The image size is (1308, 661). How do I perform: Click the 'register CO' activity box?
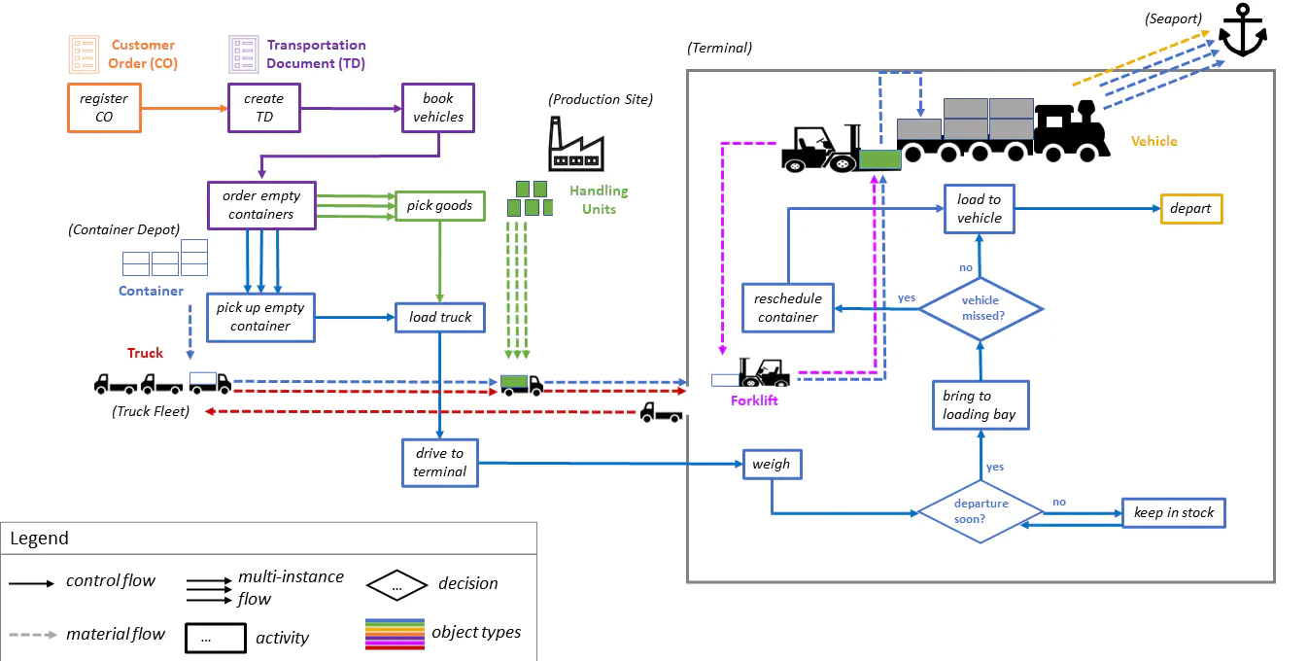pyautogui.click(x=104, y=107)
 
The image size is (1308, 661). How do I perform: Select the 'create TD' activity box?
pyautogui.click(x=263, y=107)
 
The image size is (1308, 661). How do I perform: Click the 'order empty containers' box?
pyautogui.click(x=260, y=205)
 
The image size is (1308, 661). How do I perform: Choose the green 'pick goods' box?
pyautogui.click(x=439, y=205)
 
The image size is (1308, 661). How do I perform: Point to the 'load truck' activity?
pyautogui.click(x=439, y=317)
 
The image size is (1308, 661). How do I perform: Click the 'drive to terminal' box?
pyautogui.click(x=439, y=463)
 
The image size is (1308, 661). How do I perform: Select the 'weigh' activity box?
pyautogui.click(x=771, y=465)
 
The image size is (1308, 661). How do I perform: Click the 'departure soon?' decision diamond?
pyautogui.click(x=981, y=511)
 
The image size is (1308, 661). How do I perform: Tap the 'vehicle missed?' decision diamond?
pyautogui.click(x=981, y=308)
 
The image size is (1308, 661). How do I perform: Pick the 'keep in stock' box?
pyautogui.click(x=1173, y=512)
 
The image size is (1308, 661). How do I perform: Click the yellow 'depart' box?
pyautogui.click(x=1190, y=209)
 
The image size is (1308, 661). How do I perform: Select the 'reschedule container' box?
pyautogui.click(x=787, y=308)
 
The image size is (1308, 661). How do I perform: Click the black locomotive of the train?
pyautogui.click(x=1071, y=131)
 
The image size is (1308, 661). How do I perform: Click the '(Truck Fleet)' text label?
pyautogui.click(x=150, y=411)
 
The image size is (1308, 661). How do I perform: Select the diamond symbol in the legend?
pyautogui.click(x=396, y=585)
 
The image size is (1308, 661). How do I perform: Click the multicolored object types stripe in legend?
pyautogui.click(x=395, y=633)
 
